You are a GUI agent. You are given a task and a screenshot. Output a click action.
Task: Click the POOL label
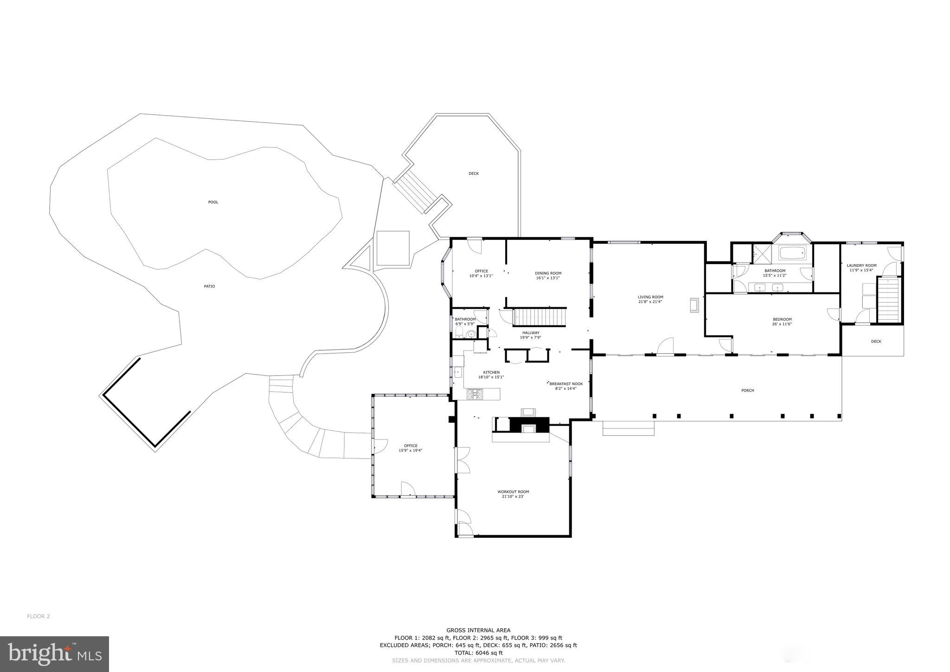click(213, 202)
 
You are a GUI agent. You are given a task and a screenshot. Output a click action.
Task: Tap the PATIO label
click(209, 286)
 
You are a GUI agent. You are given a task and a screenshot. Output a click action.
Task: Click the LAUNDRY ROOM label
click(861, 265)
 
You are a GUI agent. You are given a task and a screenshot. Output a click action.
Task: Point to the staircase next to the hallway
click(539, 318)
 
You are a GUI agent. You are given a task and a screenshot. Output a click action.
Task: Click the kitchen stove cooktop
click(475, 394)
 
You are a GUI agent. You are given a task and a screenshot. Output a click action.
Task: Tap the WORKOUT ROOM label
click(513, 492)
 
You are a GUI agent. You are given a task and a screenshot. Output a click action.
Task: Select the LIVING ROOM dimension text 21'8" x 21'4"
click(650, 302)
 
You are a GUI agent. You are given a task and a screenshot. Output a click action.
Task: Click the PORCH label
click(747, 390)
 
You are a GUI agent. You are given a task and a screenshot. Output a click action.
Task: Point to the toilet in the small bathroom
click(459, 334)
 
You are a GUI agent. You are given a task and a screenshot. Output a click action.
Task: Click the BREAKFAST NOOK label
click(566, 384)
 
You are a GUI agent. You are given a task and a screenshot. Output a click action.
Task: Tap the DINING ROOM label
click(548, 273)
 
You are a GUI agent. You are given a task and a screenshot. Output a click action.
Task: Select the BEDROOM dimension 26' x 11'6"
click(782, 324)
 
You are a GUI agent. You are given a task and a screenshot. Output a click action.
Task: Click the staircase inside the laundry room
click(888, 300)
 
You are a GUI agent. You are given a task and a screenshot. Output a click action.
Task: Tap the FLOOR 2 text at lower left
click(39, 616)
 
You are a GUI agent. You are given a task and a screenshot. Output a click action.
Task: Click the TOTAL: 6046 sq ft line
click(478, 653)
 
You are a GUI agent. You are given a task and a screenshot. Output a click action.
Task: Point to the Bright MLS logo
click(55, 654)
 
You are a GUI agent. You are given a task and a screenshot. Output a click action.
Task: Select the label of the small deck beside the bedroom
click(876, 342)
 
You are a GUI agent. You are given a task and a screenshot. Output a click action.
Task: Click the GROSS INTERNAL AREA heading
click(478, 630)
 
